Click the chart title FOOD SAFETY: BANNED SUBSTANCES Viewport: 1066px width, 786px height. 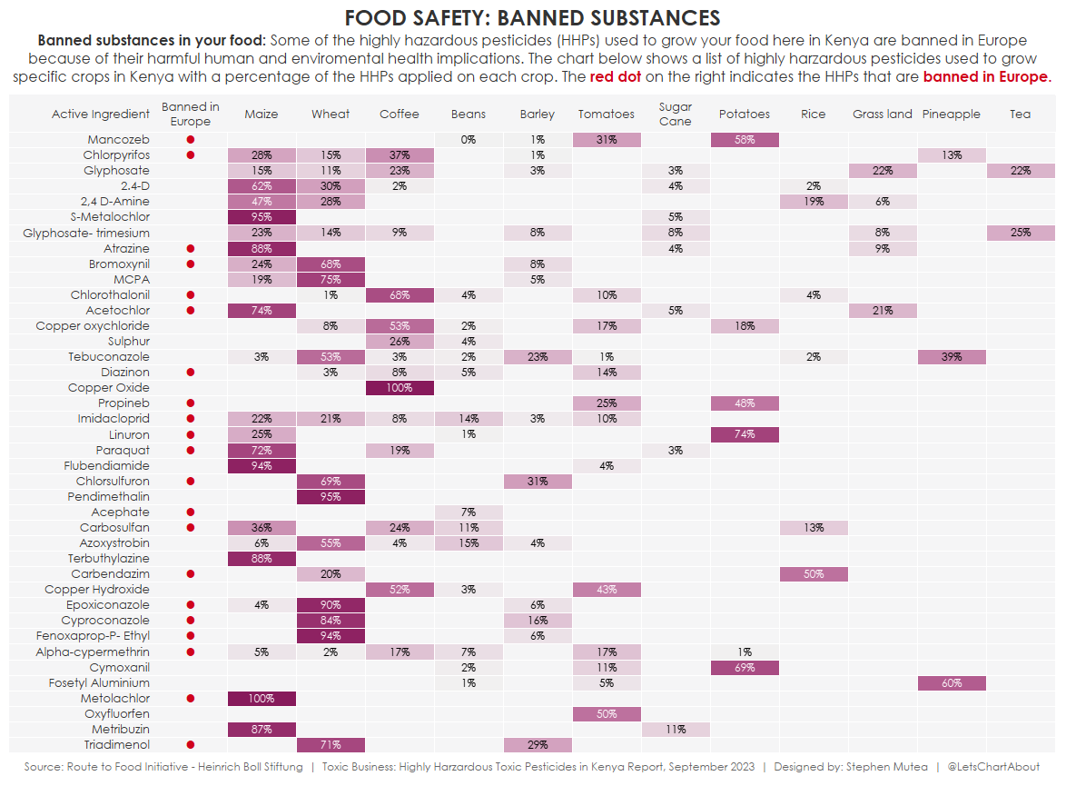point(533,18)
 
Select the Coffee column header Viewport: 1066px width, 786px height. point(400,114)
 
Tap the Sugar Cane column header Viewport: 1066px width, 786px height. point(676,114)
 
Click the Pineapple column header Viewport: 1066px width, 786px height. point(952,114)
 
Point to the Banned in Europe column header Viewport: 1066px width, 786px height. point(191,114)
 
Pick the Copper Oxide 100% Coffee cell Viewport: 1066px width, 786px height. point(400,388)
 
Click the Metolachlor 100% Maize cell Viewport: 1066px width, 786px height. point(262,699)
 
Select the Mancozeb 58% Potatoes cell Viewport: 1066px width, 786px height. point(745,140)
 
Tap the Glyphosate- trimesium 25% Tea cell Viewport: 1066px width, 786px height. point(1021,233)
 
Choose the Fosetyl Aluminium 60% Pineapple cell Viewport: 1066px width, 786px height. point(952,683)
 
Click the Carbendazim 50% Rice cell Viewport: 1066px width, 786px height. point(814,574)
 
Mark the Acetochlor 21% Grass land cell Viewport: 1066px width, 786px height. point(883,311)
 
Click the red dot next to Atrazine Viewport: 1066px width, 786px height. point(191,248)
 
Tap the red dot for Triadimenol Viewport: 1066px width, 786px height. point(191,745)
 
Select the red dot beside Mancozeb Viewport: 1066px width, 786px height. point(191,140)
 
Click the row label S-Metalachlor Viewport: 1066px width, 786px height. point(110,217)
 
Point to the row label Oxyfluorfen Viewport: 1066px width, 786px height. point(117,714)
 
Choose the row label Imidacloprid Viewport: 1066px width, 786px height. point(114,419)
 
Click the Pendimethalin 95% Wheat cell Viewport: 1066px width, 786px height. point(331,497)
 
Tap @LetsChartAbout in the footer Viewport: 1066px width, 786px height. point(993,767)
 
